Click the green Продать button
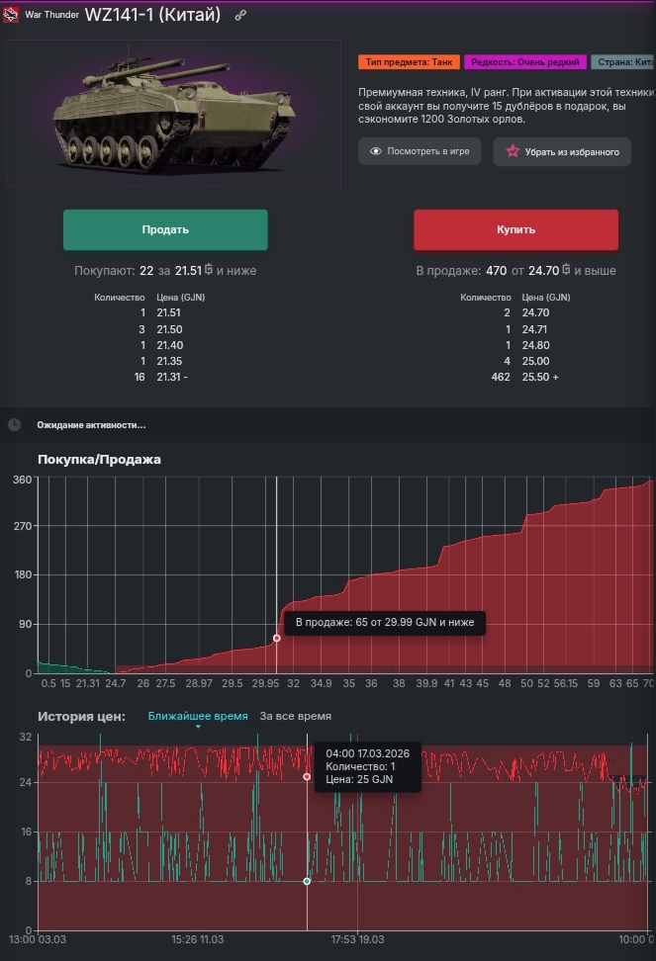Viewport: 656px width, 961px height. pos(165,229)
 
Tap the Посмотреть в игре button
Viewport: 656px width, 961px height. pos(420,151)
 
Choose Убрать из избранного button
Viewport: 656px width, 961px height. pos(562,151)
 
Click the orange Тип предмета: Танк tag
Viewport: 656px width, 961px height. pos(408,62)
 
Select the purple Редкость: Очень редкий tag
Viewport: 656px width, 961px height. pos(524,62)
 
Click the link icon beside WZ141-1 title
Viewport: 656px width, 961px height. pos(240,16)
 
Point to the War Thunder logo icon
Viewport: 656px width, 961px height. pos(10,16)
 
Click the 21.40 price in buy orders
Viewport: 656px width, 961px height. pos(168,345)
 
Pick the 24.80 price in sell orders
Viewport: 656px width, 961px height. pos(534,345)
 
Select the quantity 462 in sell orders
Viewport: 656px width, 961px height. pos(501,377)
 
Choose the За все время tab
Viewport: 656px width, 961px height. pos(295,716)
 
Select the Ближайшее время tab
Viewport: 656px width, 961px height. pos(198,716)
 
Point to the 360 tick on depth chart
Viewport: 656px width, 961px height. pos(21,480)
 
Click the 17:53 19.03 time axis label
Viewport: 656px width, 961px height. pos(357,938)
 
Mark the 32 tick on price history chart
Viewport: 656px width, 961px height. pos(26,738)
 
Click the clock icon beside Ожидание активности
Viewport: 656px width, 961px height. pos(14,424)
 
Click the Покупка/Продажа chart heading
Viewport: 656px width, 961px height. pos(99,459)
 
